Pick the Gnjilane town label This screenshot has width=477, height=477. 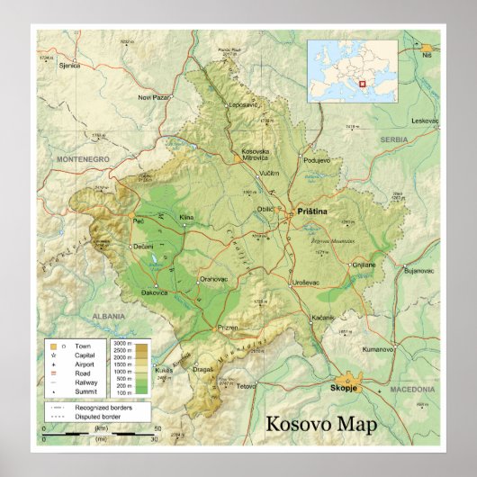click(364, 265)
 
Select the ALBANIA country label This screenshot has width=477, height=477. click(108, 316)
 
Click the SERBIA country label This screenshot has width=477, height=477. click(393, 139)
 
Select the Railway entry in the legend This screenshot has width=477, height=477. click(84, 382)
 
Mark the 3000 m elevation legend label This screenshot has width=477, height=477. click(122, 344)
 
